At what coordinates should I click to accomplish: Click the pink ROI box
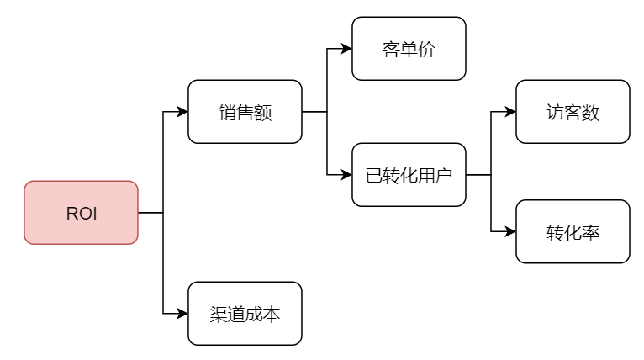81,213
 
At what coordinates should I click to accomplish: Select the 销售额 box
245,112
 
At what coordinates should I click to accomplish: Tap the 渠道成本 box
245,314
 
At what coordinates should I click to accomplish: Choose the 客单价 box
409,49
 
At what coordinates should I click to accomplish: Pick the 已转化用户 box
409,175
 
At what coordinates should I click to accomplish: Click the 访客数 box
573,112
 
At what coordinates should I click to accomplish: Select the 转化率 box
573,232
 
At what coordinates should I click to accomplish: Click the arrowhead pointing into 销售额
182,112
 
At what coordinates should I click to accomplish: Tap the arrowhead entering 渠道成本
182,314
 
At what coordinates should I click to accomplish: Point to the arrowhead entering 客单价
346,49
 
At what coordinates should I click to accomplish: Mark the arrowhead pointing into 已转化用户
346,175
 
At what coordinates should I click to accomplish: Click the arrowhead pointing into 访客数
510,112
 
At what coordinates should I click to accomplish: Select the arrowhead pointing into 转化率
510,232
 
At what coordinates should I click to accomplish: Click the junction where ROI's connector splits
163,213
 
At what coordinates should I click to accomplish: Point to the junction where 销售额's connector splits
327,112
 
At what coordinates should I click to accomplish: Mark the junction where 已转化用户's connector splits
491,175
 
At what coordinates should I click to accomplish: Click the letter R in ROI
71,214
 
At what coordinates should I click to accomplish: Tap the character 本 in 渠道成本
272,315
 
